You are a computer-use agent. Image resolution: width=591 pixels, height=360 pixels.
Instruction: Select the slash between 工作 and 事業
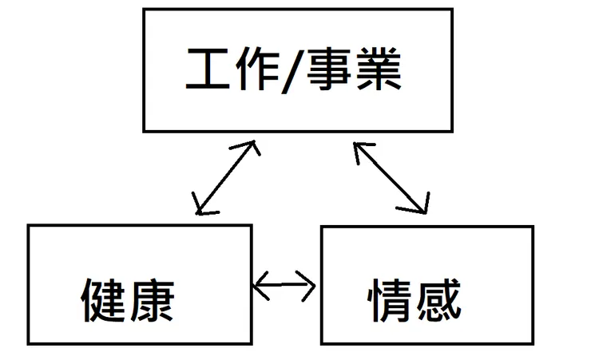pyautogui.click(x=293, y=72)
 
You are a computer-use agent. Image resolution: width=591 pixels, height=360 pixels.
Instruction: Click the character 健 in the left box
pyautogui.click(x=104, y=300)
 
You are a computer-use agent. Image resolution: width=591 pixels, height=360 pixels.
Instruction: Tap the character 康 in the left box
pyautogui.click(x=150, y=300)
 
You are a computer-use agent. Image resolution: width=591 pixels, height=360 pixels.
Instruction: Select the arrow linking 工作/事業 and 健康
pyautogui.click(x=227, y=178)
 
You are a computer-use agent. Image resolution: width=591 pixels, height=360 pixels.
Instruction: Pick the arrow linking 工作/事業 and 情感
pyautogui.click(x=391, y=178)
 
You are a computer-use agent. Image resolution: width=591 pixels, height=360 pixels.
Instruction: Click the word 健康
pyautogui.click(x=127, y=300)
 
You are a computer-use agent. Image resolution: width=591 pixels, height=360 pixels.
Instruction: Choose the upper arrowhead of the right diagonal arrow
pyautogui.click(x=360, y=148)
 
